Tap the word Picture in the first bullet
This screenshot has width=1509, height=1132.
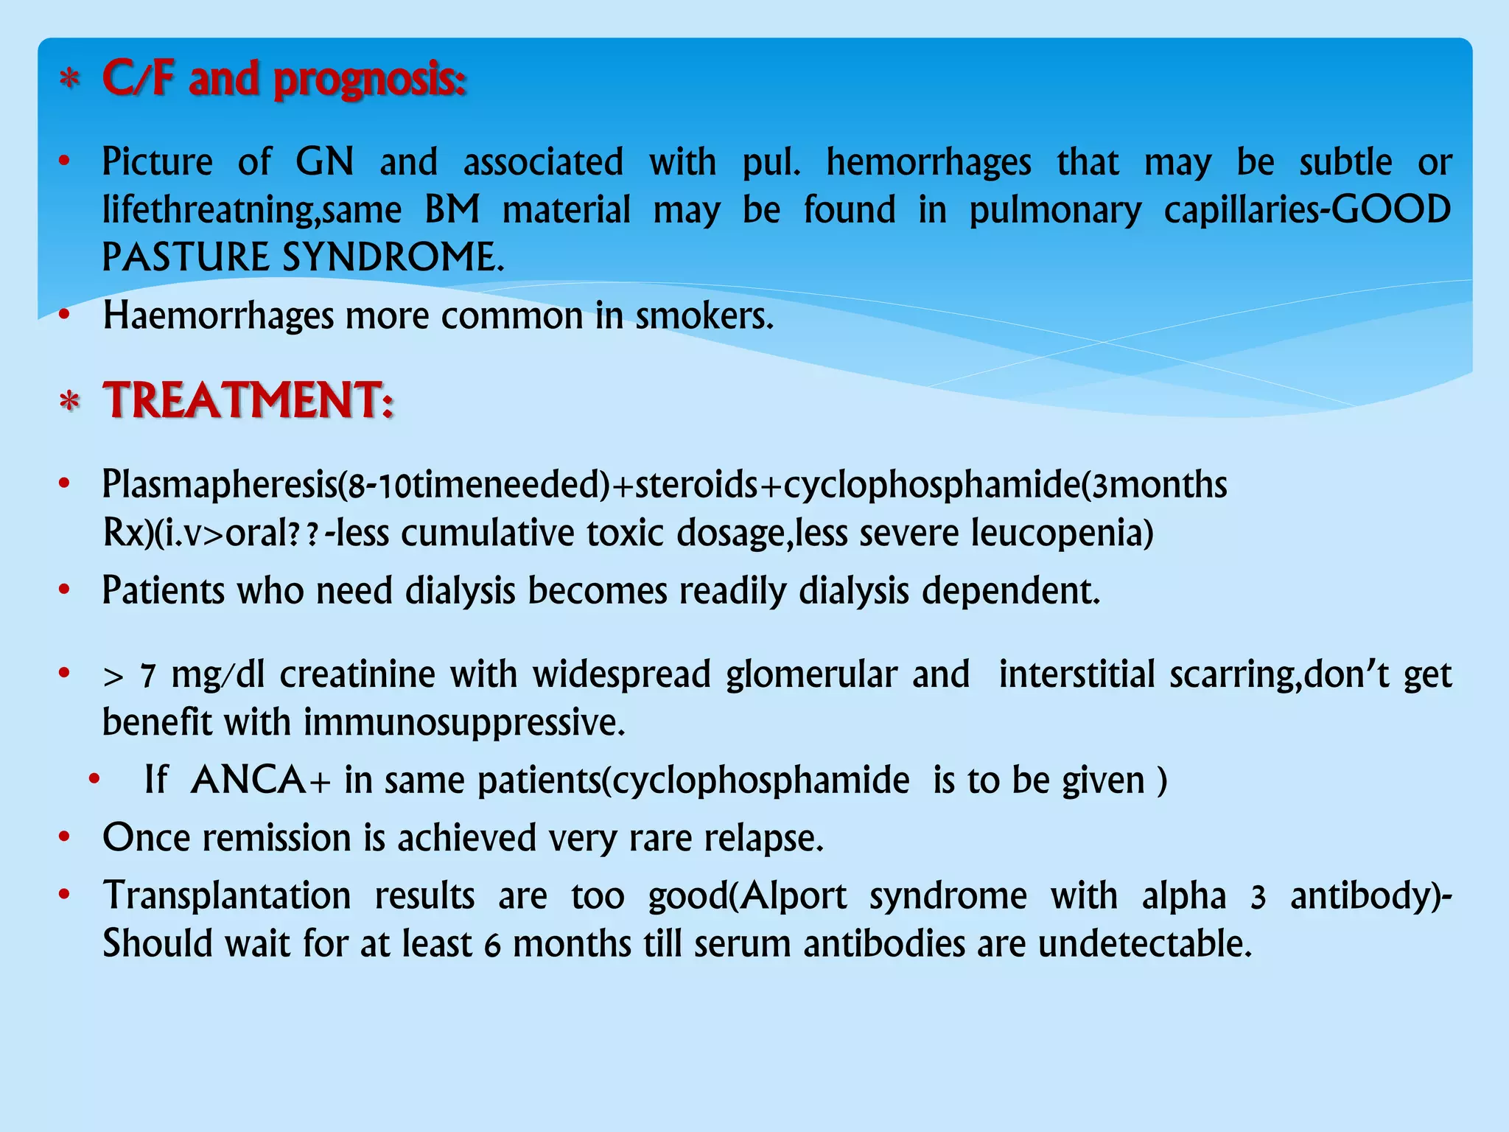pos(157,161)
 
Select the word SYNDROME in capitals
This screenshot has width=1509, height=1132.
pos(393,257)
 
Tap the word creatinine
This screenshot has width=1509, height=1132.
pos(357,674)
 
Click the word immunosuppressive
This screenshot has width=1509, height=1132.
pos(464,722)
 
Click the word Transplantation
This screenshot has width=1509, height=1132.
pos(227,896)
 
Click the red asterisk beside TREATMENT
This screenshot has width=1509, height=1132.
pos(69,402)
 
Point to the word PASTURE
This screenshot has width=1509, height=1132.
pos(186,257)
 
